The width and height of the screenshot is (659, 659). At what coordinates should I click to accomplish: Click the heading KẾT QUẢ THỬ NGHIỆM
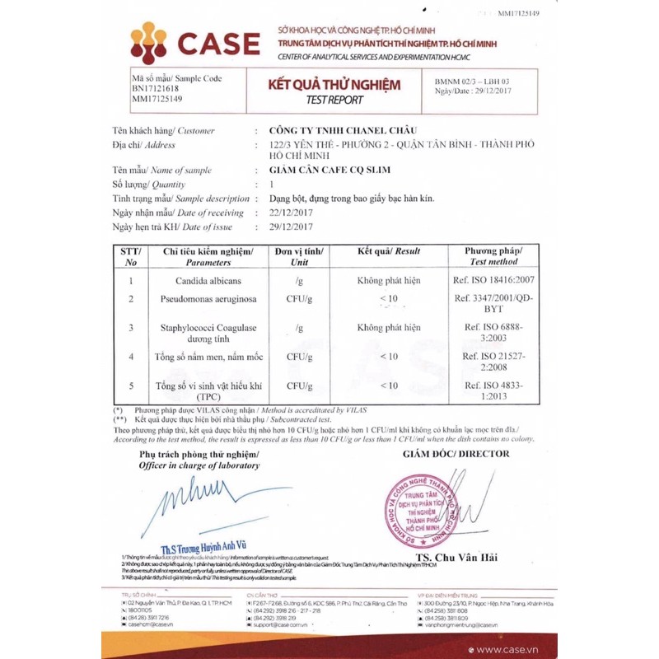click(x=334, y=86)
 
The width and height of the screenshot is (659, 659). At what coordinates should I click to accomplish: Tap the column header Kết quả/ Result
click(x=389, y=250)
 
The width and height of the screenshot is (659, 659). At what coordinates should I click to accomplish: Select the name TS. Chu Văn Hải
click(x=456, y=558)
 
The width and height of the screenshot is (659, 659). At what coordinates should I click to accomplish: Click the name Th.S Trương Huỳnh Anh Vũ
click(x=203, y=544)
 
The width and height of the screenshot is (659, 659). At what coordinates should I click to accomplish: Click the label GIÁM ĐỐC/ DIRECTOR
click(x=451, y=454)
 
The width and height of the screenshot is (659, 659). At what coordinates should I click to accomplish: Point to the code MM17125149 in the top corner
click(x=519, y=13)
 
